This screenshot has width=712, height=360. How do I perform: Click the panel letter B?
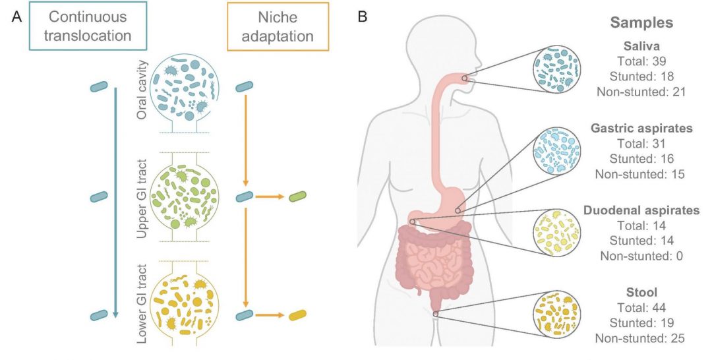(x=363, y=18)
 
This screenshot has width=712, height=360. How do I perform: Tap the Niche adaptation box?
(x=269, y=27)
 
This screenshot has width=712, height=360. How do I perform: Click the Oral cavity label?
(x=141, y=95)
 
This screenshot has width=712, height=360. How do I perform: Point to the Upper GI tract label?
(x=141, y=196)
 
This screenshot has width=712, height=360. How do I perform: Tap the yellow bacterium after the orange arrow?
(x=298, y=316)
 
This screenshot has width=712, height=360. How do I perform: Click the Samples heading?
(x=641, y=22)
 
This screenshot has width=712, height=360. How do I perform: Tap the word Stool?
(x=641, y=293)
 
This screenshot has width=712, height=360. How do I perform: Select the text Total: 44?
(x=641, y=308)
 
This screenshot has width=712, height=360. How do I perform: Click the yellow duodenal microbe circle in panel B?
(x=557, y=232)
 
